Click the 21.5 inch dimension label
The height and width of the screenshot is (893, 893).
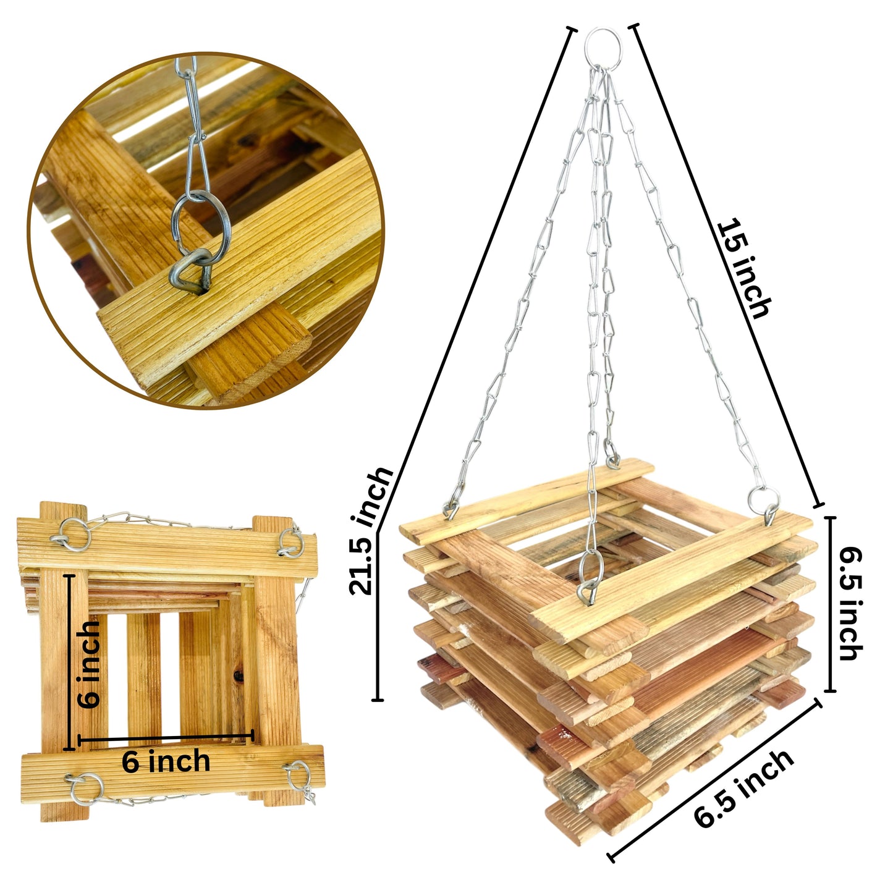point(371,531)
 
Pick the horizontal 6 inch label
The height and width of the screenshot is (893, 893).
point(166,761)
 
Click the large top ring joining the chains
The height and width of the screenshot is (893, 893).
point(602,50)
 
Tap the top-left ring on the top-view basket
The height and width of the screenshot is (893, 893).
point(74,535)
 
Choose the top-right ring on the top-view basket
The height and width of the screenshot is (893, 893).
point(291,542)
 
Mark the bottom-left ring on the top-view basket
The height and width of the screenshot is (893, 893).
point(87,790)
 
